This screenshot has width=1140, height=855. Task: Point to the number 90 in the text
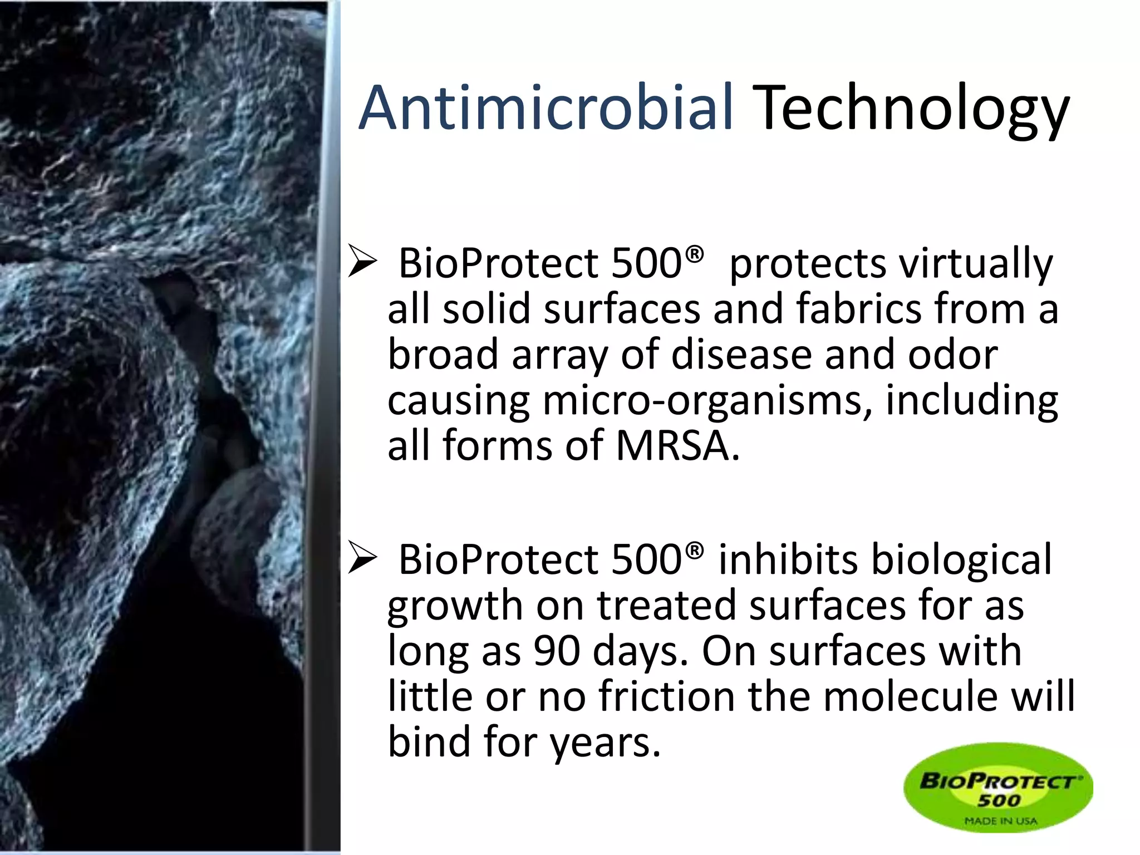[x=557, y=651]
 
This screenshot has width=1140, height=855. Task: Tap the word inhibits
[x=788, y=559]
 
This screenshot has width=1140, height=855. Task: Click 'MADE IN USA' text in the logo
[x=1000, y=820]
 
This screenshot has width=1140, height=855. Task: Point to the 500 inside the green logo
[x=999, y=800]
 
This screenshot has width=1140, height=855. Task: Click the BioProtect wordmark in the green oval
[x=999, y=781]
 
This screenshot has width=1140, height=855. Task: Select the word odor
[x=952, y=355]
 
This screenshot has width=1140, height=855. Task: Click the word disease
[x=741, y=355]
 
